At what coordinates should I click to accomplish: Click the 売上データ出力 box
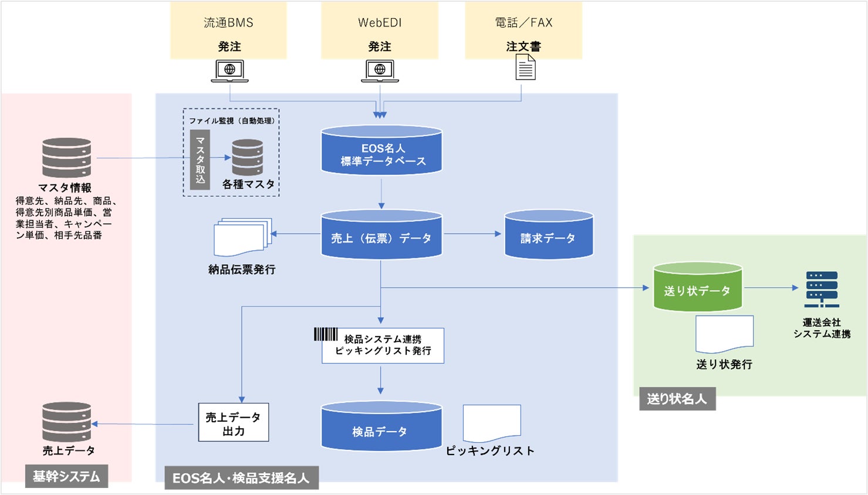pyautogui.click(x=234, y=422)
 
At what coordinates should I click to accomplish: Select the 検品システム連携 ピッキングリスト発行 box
pyautogui.click(x=383, y=346)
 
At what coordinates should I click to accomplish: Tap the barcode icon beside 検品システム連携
pyautogui.click(x=326, y=334)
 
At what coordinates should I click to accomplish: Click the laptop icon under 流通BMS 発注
pyautogui.click(x=229, y=71)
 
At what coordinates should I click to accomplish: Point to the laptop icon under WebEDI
pyautogui.click(x=380, y=71)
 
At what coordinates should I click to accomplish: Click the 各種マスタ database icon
pyautogui.click(x=247, y=157)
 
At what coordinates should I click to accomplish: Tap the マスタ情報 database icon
pyautogui.click(x=66, y=157)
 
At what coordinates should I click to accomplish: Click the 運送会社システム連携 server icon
pyautogui.click(x=822, y=289)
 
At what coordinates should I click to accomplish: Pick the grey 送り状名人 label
pyautogui.click(x=677, y=399)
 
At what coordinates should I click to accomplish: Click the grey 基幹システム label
pyautogui.click(x=66, y=476)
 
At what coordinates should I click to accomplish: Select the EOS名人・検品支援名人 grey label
pyautogui.click(x=241, y=478)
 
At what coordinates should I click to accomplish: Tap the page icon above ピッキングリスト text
pyautogui.click(x=492, y=423)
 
